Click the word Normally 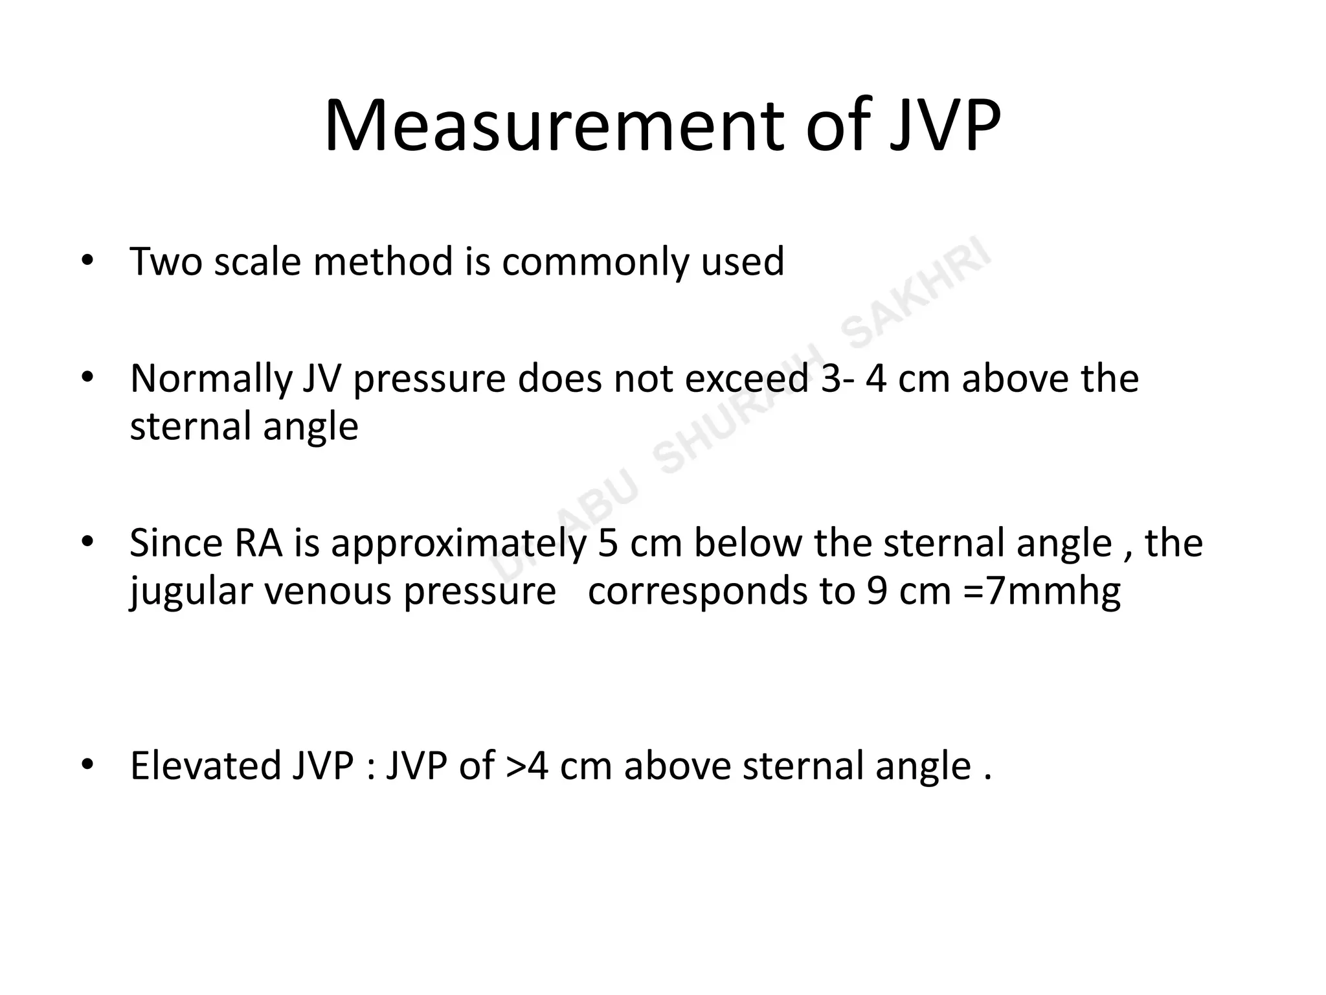click(x=210, y=380)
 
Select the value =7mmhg click(x=1042, y=592)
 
